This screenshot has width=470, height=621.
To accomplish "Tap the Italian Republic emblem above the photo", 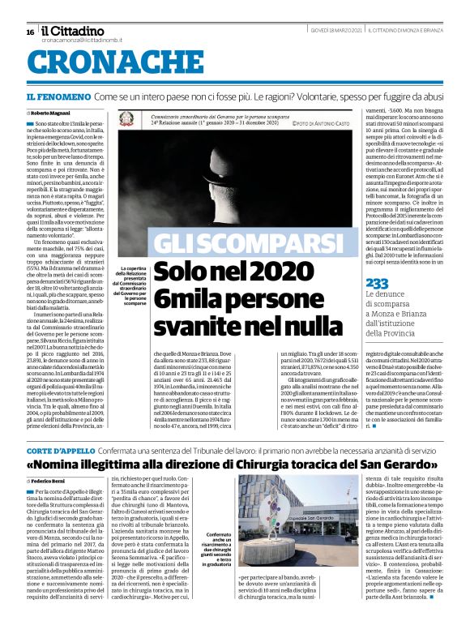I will pyautogui.click(x=127, y=119).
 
